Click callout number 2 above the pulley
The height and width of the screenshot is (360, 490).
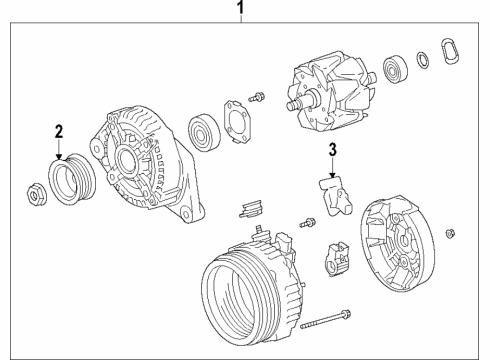(x=58, y=131)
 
